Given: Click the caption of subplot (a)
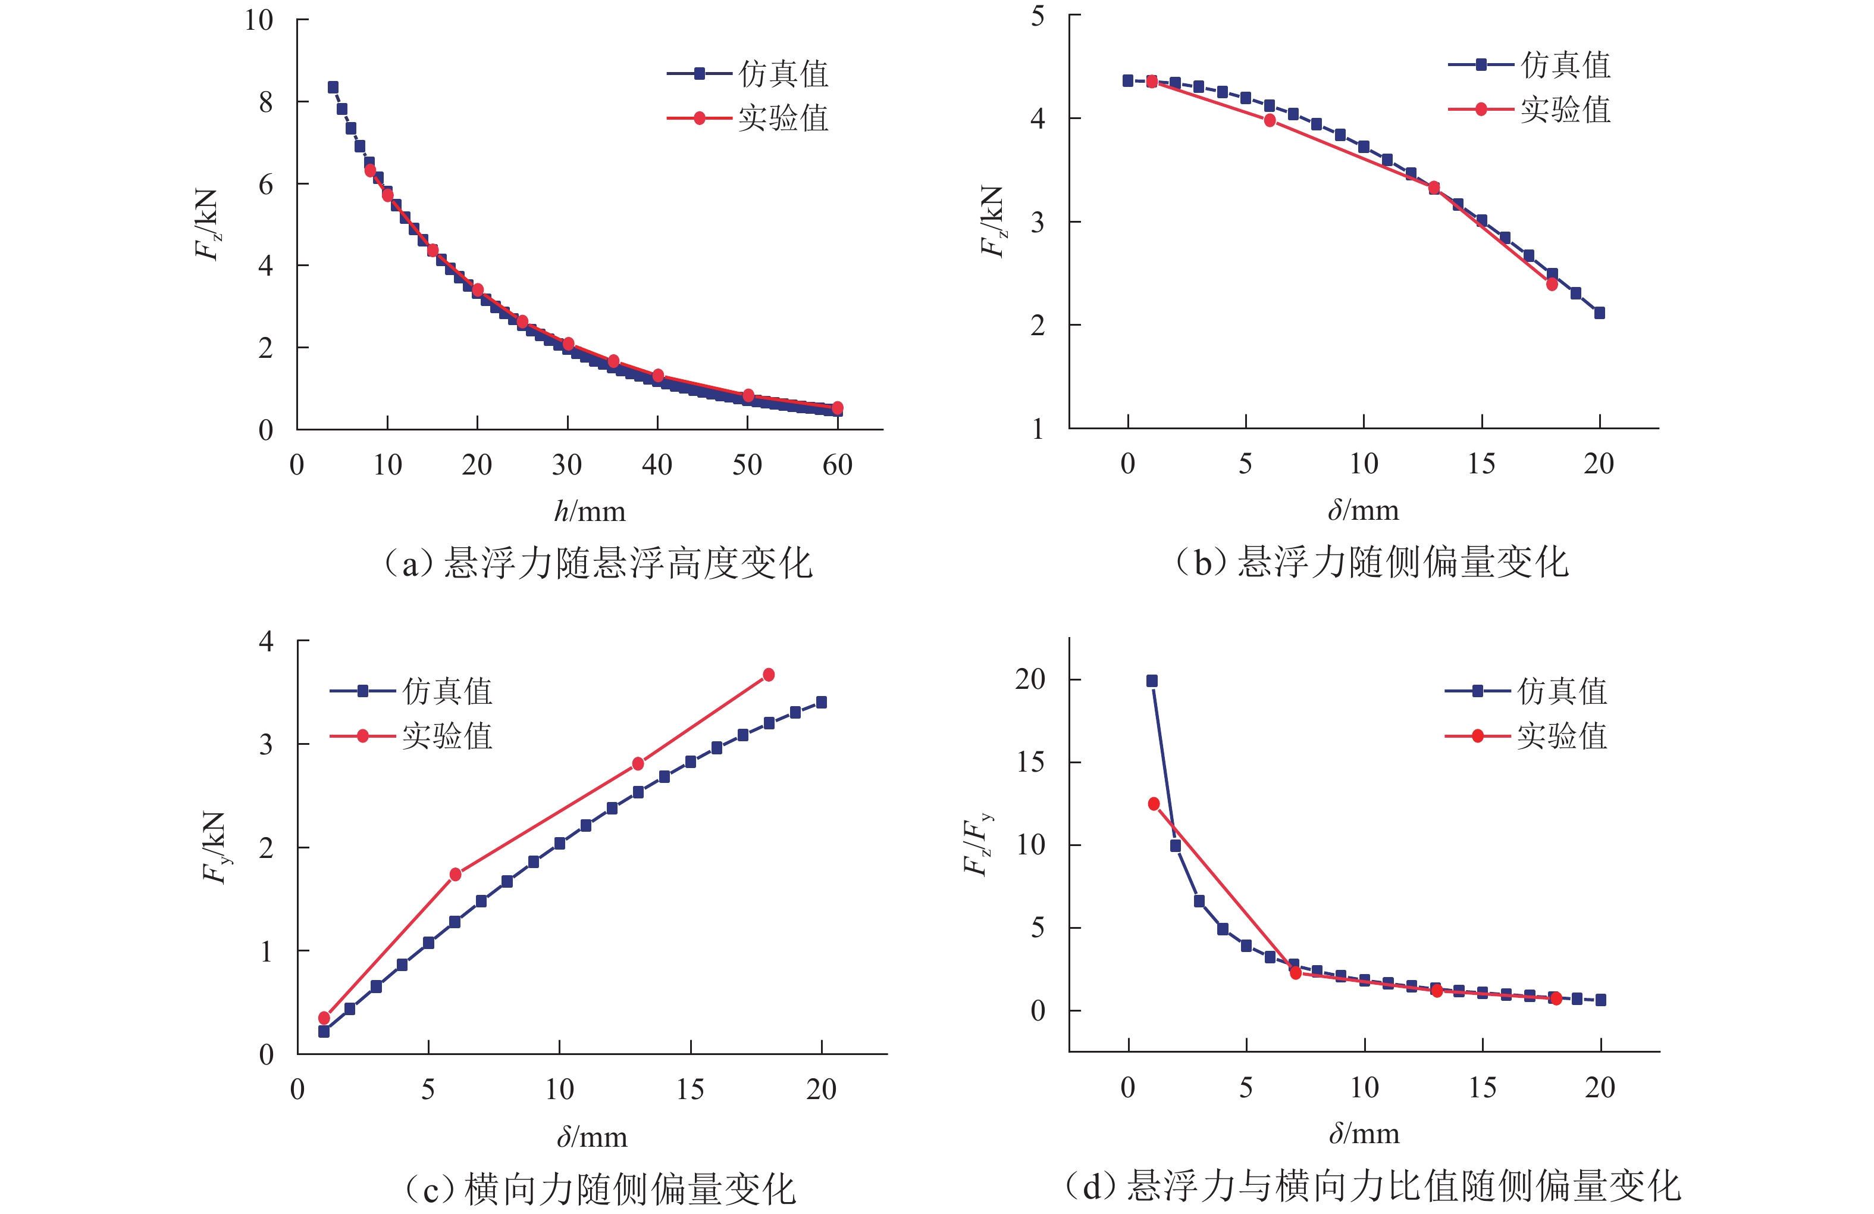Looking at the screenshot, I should point(597,563).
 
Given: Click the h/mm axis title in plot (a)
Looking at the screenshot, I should point(590,512).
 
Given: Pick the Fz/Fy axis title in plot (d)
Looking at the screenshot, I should point(977,844).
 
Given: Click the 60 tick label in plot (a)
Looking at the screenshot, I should point(837,465).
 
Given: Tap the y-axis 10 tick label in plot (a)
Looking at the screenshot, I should point(258,20).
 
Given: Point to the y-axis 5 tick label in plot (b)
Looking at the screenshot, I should point(1038,15).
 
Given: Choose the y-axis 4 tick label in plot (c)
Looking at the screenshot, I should point(266,641).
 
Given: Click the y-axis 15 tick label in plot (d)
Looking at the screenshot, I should point(1030,762).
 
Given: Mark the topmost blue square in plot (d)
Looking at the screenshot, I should point(1152,681).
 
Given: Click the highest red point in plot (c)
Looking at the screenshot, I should point(769,675).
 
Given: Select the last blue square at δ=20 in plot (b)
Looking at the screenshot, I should point(1599,313).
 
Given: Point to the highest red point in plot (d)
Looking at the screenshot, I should point(1154,804).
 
